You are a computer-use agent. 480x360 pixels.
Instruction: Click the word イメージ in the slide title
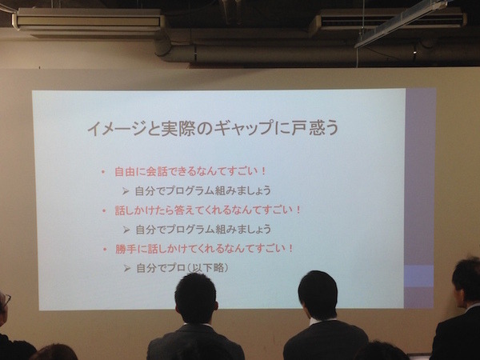coord(109,128)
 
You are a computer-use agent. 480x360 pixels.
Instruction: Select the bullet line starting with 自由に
coord(190,172)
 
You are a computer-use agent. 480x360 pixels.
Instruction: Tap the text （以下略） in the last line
coord(210,268)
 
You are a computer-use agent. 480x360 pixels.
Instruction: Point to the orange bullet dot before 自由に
coord(103,172)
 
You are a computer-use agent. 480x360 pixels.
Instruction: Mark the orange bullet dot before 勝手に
coord(103,249)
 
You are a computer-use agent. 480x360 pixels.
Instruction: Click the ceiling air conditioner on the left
coord(88,22)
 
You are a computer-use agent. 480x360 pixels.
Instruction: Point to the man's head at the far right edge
coord(466,281)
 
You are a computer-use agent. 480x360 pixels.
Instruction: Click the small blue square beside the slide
coord(418,276)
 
